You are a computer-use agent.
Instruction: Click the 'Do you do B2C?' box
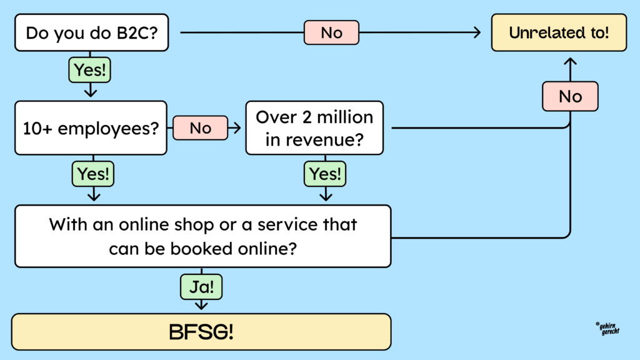(91, 32)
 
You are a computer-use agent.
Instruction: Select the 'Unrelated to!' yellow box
(559, 33)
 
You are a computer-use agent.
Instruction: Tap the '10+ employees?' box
(91, 128)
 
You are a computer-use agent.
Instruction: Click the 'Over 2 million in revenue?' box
(314, 128)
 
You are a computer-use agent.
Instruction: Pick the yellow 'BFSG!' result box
(202, 331)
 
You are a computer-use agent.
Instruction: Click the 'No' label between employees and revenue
(201, 128)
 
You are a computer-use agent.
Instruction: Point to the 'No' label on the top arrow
(331, 32)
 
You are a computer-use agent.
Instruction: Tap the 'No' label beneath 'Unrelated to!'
(570, 97)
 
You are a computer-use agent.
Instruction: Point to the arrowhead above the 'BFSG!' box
(201, 305)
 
